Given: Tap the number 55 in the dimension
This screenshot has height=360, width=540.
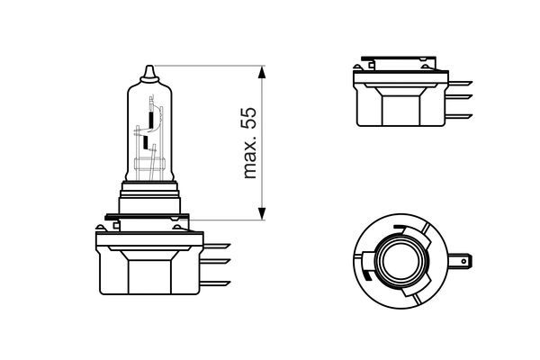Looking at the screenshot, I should [251, 118].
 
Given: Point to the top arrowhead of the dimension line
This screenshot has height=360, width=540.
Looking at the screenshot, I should [262, 70].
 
